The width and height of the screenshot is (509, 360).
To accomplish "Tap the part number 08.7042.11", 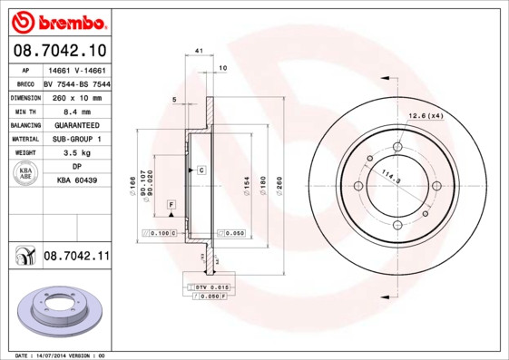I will click(x=76, y=257).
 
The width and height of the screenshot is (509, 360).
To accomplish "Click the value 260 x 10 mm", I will click(x=76, y=96).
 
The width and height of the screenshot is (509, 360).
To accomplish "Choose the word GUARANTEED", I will click(x=76, y=124).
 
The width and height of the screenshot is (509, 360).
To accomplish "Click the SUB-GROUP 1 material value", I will click(x=76, y=139).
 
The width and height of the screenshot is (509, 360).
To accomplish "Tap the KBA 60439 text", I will click(x=76, y=181).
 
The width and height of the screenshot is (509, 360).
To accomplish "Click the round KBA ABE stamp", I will click(x=26, y=175).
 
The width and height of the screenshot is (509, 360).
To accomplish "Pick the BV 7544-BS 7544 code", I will click(x=76, y=82).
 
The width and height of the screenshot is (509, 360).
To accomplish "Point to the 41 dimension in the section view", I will click(x=199, y=52).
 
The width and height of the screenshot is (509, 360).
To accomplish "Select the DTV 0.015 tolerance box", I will click(x=210, y=287).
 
